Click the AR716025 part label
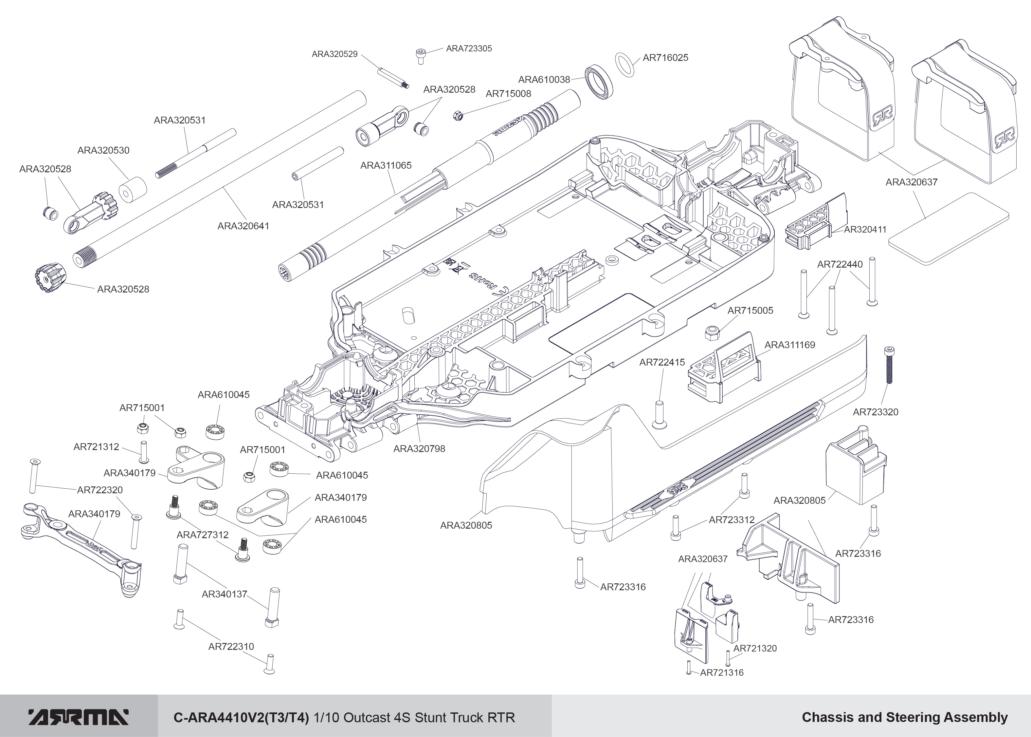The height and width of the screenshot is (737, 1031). click(665, 58)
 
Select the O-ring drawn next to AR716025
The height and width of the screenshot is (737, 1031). click(625, 65)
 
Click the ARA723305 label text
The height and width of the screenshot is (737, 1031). click(469, 48)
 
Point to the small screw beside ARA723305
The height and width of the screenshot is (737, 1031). click(420, 56)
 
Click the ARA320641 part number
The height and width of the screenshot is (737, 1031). click(244, 226)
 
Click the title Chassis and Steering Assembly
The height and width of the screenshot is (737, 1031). click(905, 717)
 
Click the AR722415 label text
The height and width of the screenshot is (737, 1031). click(662, 362)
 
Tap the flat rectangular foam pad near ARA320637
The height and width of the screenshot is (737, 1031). click(949, 228)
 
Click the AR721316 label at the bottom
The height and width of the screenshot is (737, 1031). click(722, 672)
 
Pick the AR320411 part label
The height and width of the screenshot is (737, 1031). click(865, 230)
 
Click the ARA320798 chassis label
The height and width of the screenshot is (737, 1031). click(419, 449)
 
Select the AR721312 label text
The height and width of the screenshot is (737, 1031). click(96, 446)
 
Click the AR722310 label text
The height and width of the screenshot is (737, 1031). click(231, 646)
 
